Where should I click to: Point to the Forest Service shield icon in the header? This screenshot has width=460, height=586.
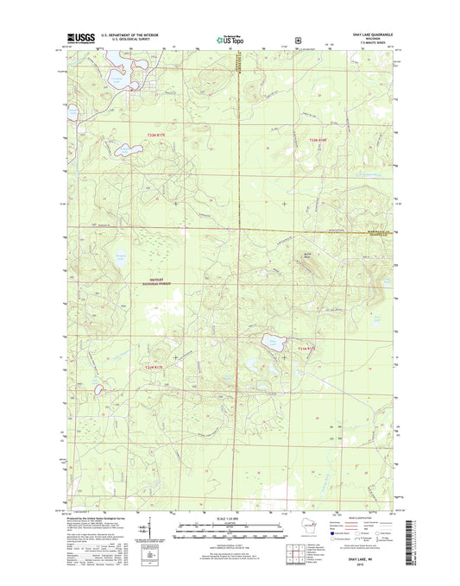(x=298, y=39)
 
